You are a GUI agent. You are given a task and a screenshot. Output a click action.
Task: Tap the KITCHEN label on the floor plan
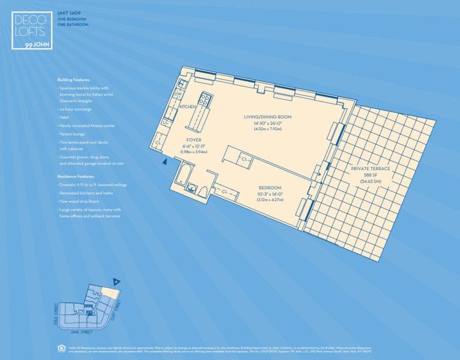188,106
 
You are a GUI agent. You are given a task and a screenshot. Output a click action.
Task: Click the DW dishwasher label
178,94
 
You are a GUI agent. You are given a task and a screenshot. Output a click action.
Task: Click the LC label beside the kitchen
166,123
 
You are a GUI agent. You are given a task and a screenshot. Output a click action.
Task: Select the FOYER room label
193,140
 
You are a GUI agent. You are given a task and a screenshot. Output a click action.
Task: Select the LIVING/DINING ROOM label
267,116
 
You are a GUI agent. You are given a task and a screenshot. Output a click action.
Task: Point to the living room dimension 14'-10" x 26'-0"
267,123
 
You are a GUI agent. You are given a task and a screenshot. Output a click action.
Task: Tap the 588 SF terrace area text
371,175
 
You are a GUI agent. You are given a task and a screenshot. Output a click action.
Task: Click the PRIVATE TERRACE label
371,169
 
